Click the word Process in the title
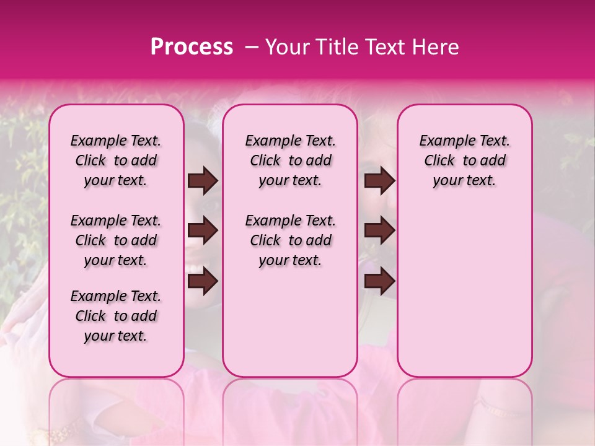coord(192,47)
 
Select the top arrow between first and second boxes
coord(203,181)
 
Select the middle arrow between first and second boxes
coord(203,231)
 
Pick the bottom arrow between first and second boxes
coord(203,282)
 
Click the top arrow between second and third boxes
coord(379,181)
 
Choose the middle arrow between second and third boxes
coord(379,231)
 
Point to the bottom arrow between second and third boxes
coord(379,282)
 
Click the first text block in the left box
coord(116,160)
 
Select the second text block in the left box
coord(116,240)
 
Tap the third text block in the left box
coord(116,316)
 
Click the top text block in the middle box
coord(290,160)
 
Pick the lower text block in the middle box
coord(290,240)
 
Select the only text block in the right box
coord(464,160)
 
